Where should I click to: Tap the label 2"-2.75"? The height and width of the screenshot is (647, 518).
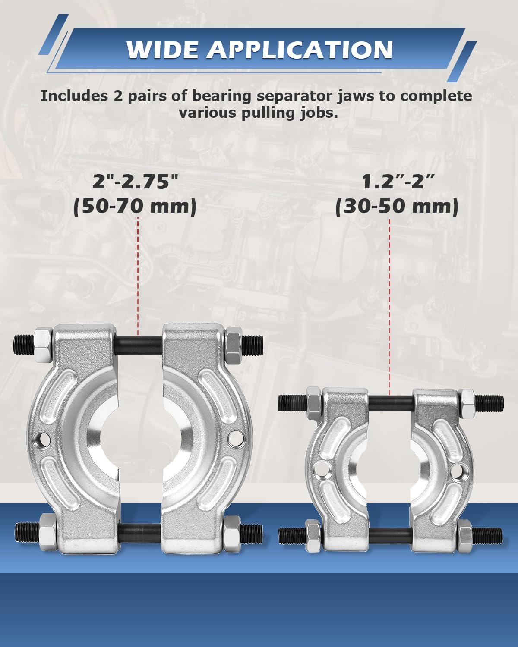click(x=135, y=182)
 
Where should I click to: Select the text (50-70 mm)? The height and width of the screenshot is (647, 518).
click(x=135, y=207)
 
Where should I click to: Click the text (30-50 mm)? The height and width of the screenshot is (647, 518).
click(x=397, y=207)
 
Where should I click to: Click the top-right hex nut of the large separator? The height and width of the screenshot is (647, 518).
click(x=234, y=345)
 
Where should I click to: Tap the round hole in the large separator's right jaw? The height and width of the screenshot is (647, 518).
click(x=236, y=439)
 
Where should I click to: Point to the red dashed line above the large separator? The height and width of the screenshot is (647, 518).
click(x=138, y=276)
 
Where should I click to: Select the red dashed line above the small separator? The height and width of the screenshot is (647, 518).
click(x=390, y=306)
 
